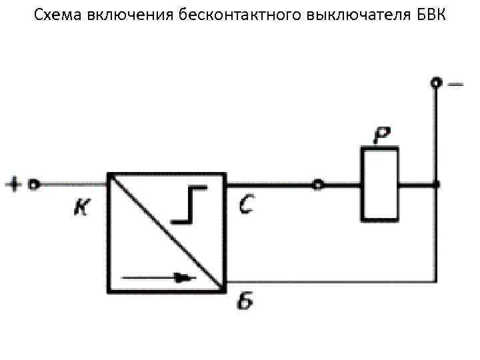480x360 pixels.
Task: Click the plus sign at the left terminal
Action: click(x=15, y=183)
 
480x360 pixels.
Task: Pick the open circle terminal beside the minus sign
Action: click(x=436, y=83)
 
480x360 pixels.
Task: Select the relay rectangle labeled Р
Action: click(x=379, y=184)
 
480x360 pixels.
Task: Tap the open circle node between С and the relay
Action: click(x=318, y=184)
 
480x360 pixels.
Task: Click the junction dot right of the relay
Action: click(x=436, y=184)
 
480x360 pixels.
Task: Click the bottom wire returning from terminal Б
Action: click(x=333, y=281)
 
